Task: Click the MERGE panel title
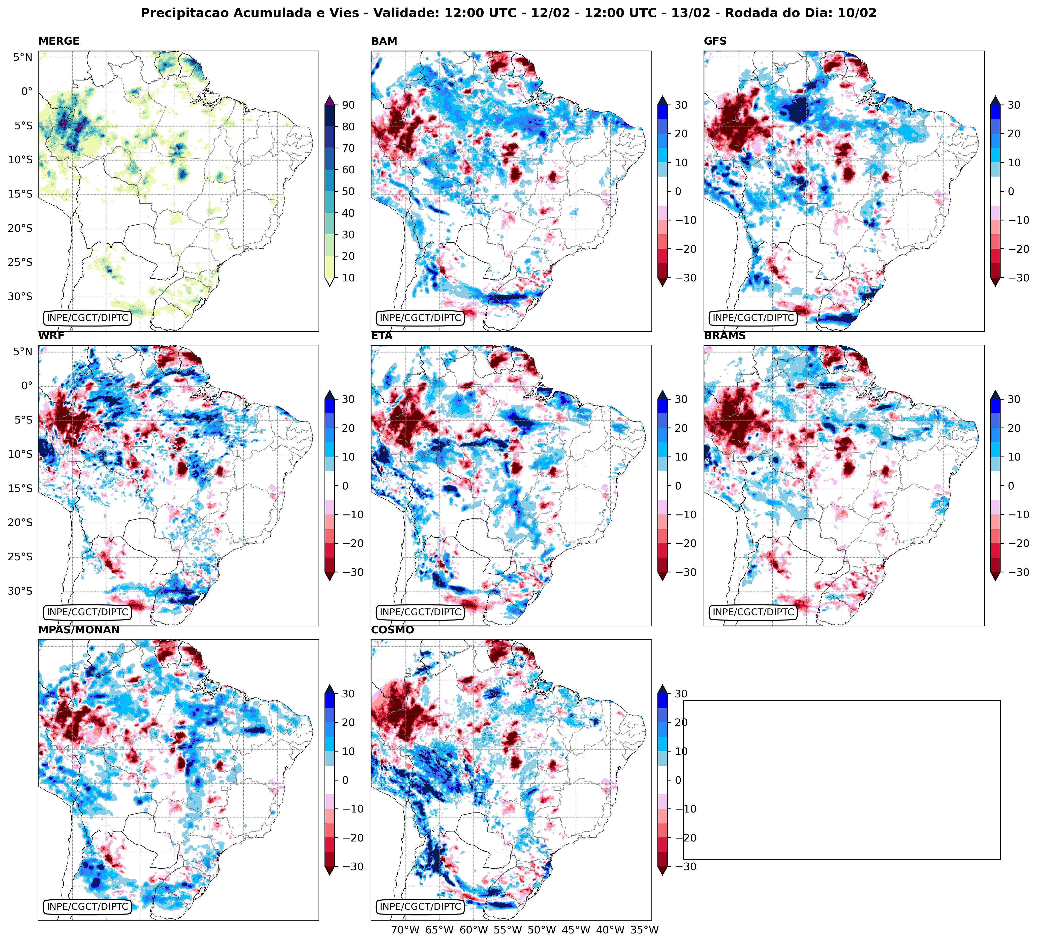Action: (59, 41)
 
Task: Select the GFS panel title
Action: (715, 41)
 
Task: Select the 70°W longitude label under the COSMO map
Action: (405, 930)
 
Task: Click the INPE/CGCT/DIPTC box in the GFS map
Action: (753, 318)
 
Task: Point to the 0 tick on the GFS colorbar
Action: (1010, 191)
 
